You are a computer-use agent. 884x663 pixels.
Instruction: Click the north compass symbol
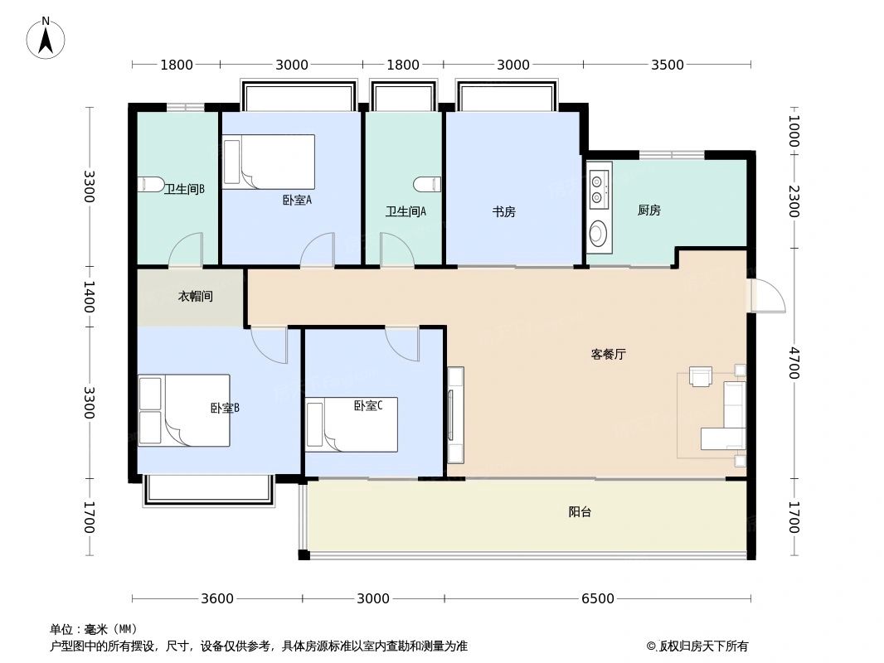46,37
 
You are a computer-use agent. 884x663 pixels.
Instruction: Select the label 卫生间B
184,189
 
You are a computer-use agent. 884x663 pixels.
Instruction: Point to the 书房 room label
503,211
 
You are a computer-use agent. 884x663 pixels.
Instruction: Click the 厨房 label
648,211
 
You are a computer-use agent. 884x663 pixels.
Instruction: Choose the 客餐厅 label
608,354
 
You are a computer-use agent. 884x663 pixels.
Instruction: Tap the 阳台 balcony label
580,512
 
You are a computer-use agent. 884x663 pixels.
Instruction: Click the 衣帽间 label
196,296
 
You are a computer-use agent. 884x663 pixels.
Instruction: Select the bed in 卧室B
184,410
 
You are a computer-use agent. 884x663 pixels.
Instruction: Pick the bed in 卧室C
352,424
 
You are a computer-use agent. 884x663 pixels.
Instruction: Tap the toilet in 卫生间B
150,184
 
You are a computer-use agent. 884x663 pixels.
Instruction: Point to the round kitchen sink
598,234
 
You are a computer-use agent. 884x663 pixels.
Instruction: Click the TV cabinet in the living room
455,414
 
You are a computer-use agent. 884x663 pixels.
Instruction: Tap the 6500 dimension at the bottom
597,598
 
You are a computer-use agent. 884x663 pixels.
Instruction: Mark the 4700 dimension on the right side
794,363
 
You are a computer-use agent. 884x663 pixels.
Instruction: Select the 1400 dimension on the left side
90,297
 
